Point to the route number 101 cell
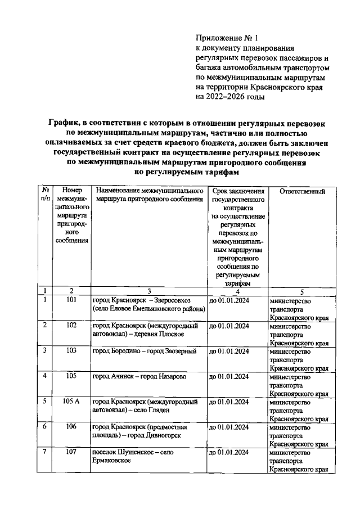click(71, 300)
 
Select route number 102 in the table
click(71, 326)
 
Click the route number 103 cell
click(71, 351)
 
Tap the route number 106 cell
click(71, 427)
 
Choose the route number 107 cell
click(71, 452)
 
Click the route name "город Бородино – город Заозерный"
click(144, 352)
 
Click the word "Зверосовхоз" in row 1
click(171, 300)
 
